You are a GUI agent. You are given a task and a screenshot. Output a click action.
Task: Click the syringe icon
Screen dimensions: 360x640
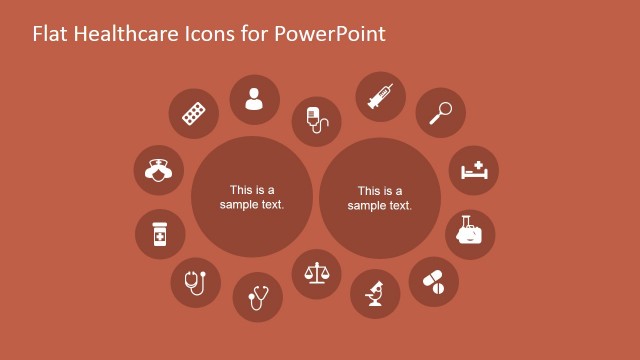click(x=381, y=97)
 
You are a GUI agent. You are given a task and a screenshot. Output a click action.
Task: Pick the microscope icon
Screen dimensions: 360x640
click(x=375, y=294)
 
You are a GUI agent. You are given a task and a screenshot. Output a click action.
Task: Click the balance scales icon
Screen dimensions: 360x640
click(x=316, y=273)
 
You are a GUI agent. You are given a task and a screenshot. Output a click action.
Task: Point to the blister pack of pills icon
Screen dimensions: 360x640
click(x=193, y=113)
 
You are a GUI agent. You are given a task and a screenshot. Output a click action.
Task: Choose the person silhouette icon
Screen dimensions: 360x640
click(x=254, y=99)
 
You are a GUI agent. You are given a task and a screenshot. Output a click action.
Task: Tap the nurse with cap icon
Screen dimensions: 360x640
click(x=157, y=169)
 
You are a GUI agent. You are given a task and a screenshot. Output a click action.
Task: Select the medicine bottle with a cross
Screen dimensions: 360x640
click(x=160, y=235)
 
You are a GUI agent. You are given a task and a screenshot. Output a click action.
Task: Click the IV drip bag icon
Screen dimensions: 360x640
click(x=316, y=121)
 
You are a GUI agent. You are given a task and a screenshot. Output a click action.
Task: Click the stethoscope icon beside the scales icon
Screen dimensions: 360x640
click(x=258, y=297)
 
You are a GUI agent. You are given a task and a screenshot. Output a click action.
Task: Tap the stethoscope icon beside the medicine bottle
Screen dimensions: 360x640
click(x=196, y=281)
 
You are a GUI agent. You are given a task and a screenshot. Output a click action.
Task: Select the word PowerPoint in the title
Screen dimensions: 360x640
click(x=330, y=33)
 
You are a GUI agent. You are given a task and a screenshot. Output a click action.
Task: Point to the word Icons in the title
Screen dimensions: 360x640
click(x=210, y=33)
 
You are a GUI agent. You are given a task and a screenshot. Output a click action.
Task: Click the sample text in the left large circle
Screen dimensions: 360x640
click(x=252, y=197)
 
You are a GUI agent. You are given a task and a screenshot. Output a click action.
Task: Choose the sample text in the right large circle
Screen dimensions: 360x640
click(x=380, y=198)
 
